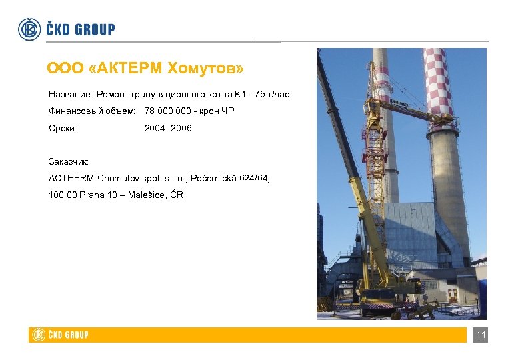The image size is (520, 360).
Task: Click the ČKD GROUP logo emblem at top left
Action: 29,29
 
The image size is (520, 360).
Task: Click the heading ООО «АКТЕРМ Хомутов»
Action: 145,68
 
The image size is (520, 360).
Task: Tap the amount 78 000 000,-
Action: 175,111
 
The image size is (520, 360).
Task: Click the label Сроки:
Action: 63,127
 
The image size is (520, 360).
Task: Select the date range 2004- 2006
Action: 168,127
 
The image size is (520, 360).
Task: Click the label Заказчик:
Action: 69,161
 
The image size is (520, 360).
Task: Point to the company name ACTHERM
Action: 71,178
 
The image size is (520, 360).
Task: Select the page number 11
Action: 480,335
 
